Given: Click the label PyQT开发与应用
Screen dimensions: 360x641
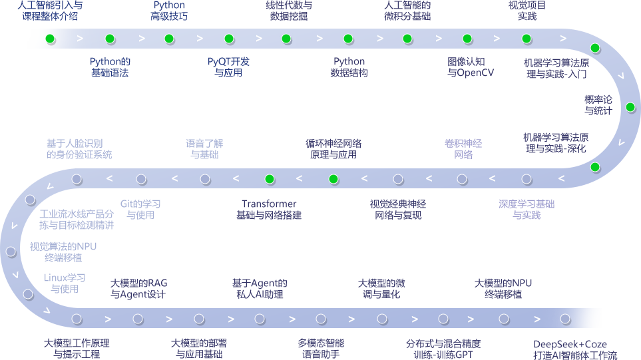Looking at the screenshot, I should [228, 67].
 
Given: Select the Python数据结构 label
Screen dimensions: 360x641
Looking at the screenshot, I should [349, 67].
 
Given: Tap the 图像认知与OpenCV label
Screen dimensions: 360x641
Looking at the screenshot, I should [471, 67].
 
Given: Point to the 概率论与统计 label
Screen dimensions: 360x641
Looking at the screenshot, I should [598, 105].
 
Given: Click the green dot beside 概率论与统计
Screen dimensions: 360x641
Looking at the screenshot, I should [630, 107].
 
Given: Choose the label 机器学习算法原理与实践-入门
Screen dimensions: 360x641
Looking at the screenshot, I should [556, 69].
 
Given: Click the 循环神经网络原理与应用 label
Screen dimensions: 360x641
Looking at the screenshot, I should [333, 149].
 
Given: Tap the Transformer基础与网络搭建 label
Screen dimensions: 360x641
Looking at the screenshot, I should [269, 210].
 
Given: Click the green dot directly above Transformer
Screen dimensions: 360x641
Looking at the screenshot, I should [270, 179].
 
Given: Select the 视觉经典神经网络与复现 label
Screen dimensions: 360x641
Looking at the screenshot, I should [398, 210].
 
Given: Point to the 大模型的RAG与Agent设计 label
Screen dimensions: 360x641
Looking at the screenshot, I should [138, 289].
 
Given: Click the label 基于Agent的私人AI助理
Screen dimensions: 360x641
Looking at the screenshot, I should [260, 289].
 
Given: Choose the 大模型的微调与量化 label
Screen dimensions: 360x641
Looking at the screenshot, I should [381, 289].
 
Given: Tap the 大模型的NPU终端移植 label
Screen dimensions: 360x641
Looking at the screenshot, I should [503, 289].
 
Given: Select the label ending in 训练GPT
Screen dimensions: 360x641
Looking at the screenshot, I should [443, 349].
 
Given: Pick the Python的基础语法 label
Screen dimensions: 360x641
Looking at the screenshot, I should [110, 67].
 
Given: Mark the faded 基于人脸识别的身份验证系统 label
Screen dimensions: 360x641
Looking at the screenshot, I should [79, 149].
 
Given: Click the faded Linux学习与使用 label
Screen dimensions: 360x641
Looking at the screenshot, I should [65, 283].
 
